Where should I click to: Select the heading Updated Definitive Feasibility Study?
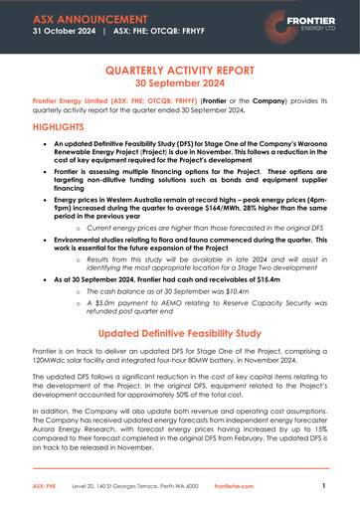pyautogui.click(x=180, y=333)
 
